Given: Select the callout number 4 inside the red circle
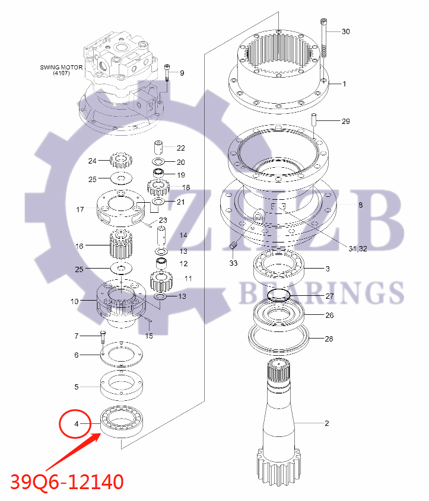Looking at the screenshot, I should tap(76, 424).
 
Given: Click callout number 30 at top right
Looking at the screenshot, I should tap(345, 31).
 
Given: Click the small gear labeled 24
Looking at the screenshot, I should tap(120, 160).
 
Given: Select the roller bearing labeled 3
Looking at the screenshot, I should tap(279, 267).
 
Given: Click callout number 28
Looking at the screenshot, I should tap(329, 339).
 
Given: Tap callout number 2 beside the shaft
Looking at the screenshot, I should tap(326, 423).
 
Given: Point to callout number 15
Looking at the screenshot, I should tap(149, 336).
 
